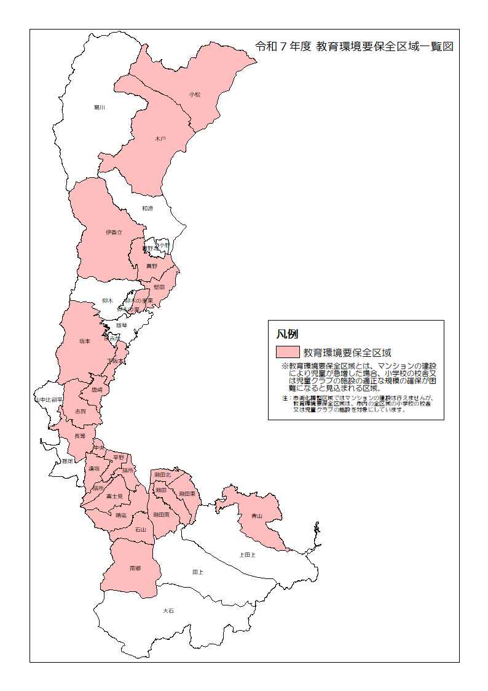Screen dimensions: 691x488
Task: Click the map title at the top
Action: point(354,47)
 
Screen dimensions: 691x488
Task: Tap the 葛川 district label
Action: point(100,107)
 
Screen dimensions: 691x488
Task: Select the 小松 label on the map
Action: point(195,94)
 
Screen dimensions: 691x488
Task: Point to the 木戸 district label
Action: point(160,140)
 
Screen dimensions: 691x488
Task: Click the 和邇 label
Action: point(148,209)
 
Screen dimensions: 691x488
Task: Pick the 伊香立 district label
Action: point(114,233)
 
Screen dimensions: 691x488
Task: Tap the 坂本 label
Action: point(85,341)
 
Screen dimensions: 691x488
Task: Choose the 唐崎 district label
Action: point(97,389)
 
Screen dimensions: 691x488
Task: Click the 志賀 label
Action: point(81,410)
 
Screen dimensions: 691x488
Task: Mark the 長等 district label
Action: point(80,436)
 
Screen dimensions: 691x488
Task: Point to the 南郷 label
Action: point(135,568)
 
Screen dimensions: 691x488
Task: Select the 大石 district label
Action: point(168,610)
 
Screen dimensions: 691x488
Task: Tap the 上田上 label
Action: point(247,554)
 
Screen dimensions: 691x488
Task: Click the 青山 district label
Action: point(257,516)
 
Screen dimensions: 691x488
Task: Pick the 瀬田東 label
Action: point(187,493)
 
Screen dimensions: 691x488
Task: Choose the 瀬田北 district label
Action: point(163,475)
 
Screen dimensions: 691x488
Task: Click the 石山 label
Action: point(141,529)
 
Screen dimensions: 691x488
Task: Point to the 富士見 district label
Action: point(115,496)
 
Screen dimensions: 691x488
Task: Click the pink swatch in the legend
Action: point(287,353)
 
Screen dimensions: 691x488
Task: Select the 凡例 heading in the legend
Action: point(287,334)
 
